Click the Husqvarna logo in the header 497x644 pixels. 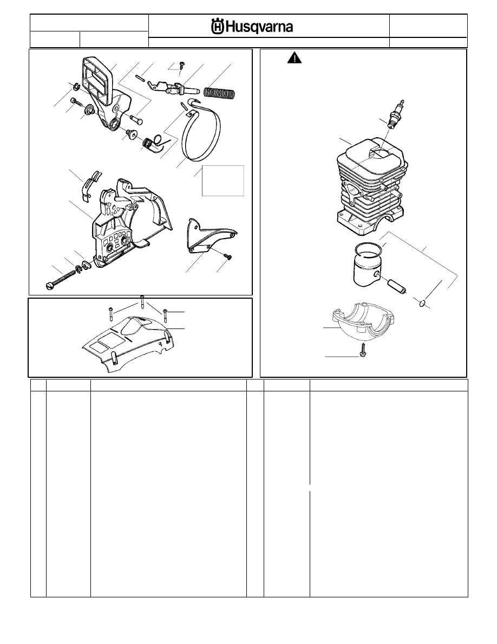click(252, 27)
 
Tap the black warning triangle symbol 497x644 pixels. click(295, 58)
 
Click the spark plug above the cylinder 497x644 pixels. click(395, 114)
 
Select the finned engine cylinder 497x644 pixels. click(371, 188)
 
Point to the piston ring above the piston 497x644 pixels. click(369, 250)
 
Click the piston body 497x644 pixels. click(368, 269)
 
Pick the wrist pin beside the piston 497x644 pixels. click(395, 285)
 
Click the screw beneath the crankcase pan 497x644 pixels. click(363, 348)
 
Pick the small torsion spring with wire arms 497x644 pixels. click(153, 143)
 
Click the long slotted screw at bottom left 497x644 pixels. click(61, 282)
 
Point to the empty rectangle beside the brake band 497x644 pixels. click(223, 181)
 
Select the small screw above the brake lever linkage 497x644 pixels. click(182, 65)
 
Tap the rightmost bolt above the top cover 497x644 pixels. click(165, 315)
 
